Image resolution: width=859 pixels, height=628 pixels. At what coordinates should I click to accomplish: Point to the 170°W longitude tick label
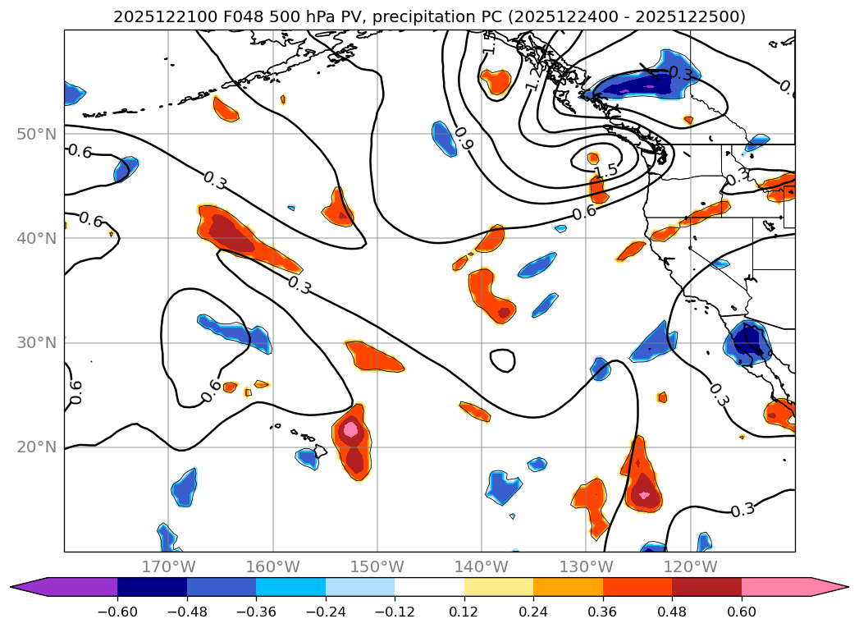click(x=168, y=566)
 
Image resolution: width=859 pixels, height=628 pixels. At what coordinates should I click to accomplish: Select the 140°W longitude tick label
click(x=482, y=566)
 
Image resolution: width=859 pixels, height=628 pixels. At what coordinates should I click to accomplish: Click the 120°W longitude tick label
click(x=690, y=566)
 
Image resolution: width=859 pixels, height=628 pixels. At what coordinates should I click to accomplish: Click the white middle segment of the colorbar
click(x=429, y=587)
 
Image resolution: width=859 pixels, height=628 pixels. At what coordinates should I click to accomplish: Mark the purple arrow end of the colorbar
click(x=29, y=587)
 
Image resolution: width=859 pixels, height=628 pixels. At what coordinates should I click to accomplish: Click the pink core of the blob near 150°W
click(x=351, y=429)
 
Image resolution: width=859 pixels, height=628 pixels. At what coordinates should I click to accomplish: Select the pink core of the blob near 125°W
click(x=645, y=495)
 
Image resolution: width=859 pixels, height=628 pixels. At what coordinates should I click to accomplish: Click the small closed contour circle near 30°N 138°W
click(x=502, y=360)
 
